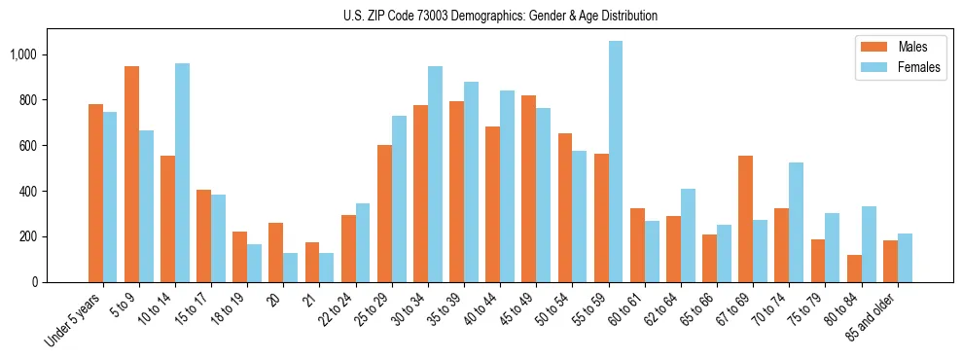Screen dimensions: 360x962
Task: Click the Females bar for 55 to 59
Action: (616, 162)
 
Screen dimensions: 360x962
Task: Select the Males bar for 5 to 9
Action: (131, 174)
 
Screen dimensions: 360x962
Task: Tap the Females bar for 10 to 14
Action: (182, 173)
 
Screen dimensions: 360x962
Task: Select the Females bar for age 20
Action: (291, 268)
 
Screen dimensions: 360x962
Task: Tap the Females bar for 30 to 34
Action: (435, 174)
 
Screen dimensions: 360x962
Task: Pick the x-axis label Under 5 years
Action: (74, 318)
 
